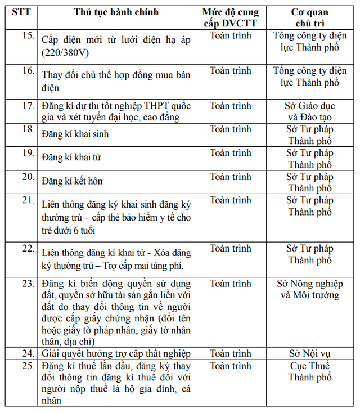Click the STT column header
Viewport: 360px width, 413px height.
point(22,12)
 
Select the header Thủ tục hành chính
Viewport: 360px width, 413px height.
point(116,12)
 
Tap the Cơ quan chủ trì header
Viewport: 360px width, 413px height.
point(309,18)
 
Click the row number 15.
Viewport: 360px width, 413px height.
point(28,36)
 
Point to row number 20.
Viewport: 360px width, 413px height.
point(28,177)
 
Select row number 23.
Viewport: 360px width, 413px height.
point(28,284)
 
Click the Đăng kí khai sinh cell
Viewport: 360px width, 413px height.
point(75,134)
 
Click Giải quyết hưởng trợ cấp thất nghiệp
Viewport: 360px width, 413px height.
point(116,354)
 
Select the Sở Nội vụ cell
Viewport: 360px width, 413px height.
point(309,354)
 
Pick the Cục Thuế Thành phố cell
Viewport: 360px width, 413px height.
point(309,372)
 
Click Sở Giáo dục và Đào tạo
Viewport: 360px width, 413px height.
point(309,111)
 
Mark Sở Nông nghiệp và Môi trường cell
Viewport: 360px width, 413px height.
point(309,289)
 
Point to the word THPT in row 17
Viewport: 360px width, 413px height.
point(157,106)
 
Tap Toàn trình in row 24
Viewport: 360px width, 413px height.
point(231,354)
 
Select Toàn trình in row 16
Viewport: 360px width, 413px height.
point(231,71)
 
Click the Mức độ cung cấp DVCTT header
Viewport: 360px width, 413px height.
point(231,18)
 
